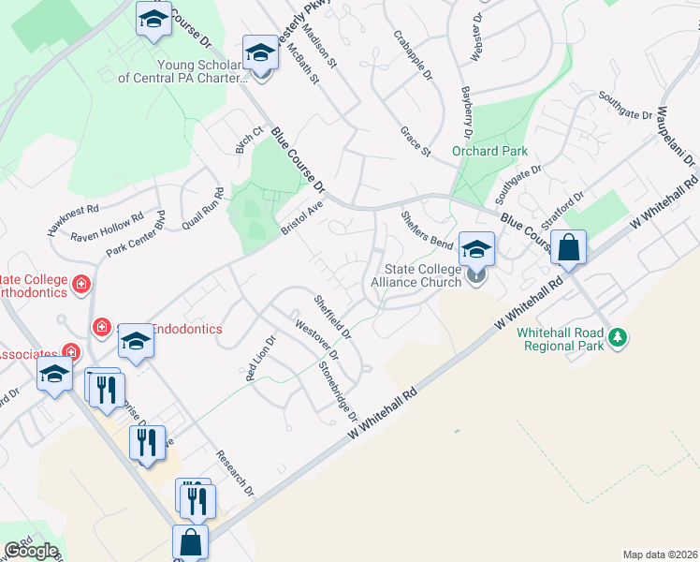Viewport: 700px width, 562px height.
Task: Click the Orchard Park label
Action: coord(489,151)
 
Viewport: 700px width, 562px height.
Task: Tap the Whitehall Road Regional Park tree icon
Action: coord(617,336)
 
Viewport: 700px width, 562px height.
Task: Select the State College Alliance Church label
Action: coord(416,275)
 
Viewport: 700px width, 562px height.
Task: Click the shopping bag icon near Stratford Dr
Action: coord(568,248)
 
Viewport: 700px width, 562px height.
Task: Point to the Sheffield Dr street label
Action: coord(332,318)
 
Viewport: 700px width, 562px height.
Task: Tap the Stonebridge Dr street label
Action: coord(339,384)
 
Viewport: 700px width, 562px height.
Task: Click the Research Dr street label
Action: coord(235,473)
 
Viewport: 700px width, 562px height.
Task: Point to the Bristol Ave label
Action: coord(302,218)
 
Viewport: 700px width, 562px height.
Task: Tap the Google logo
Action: coord(31,551)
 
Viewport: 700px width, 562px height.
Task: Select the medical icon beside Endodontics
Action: coord(101,327)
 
